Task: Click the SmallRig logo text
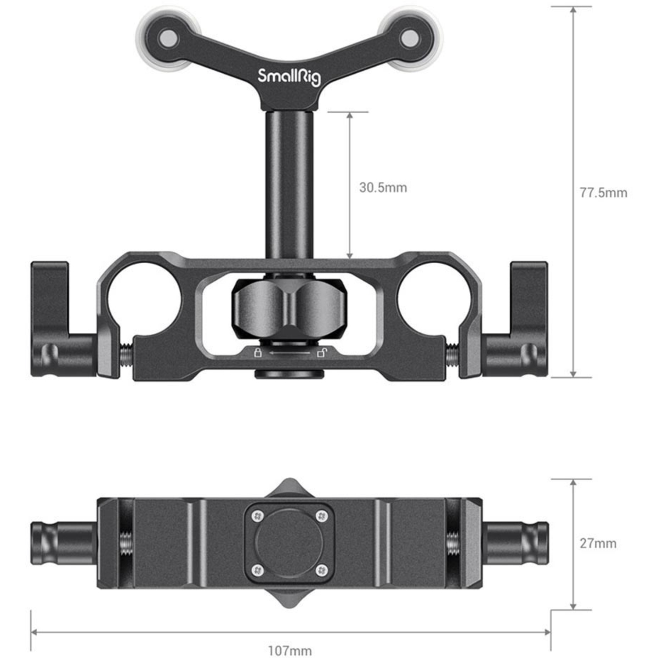[289, 76]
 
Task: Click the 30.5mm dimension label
[383, 188]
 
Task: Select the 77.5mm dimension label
[603, 193]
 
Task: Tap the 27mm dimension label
[598, 544]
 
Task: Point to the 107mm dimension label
[290, 651]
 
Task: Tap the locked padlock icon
[258, 352]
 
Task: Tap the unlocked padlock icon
[322, 352]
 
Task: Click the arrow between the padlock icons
[290, 353]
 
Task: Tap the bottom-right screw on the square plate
[322, 570]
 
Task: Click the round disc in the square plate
[290, 543]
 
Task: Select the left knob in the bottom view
[61, 543]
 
